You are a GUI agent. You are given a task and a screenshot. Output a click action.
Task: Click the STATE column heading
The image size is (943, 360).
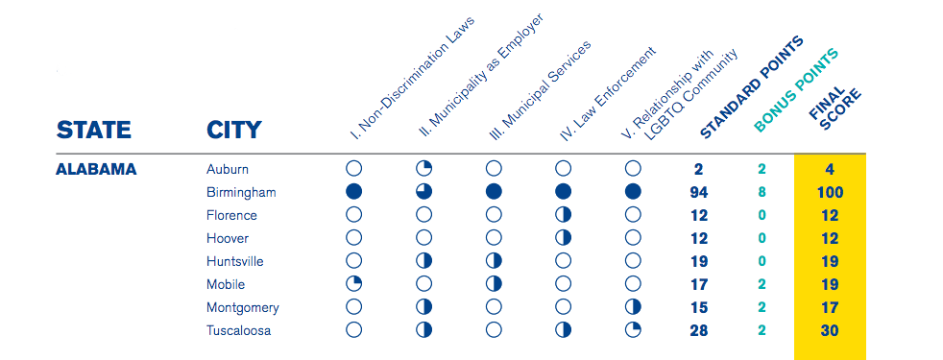(x=94, y=130)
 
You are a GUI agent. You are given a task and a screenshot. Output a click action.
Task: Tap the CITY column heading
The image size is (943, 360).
(x=234, y=130)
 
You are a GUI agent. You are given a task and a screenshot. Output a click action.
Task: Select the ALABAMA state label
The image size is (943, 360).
(x=96, y=170)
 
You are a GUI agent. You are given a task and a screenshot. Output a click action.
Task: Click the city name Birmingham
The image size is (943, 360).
(x=241, y=193)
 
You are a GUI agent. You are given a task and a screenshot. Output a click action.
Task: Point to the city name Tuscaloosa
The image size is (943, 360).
(x=239, y=330)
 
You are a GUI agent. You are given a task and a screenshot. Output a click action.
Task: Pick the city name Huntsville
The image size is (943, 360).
(x=234, y=261)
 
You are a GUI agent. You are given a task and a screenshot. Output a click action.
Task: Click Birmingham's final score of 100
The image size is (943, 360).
(x=830, y=193)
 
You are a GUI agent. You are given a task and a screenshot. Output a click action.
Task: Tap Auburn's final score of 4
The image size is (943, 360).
(x=830, y=170)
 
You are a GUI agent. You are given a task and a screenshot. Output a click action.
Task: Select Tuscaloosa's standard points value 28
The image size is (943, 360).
(x=699, y=330)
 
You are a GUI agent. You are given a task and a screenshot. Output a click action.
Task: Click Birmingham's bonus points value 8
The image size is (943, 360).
(x=762, y=193)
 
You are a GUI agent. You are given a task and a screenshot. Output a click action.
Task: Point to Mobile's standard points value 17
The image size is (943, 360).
(x=699, y=284)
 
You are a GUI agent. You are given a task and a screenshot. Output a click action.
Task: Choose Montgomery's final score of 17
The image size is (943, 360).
(x=830, y=307)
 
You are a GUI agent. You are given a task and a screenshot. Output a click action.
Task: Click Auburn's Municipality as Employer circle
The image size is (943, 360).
(x=424, y=170)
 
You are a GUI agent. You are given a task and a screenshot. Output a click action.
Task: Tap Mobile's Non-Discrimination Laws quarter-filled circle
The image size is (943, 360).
(x=354, y=284)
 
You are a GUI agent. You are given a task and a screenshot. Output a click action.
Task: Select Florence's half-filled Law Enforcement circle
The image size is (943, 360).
(x=564, y=215)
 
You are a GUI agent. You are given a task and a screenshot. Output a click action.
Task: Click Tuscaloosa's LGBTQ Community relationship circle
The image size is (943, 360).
(x=633, y=330)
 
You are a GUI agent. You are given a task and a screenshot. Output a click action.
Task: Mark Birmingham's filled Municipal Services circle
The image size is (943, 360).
(x=494, y=192)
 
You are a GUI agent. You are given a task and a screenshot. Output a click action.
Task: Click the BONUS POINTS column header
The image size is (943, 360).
(x=796, y=90)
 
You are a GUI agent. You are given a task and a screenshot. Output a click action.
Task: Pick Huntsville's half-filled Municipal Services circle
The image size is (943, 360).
(x=494, y=261)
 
